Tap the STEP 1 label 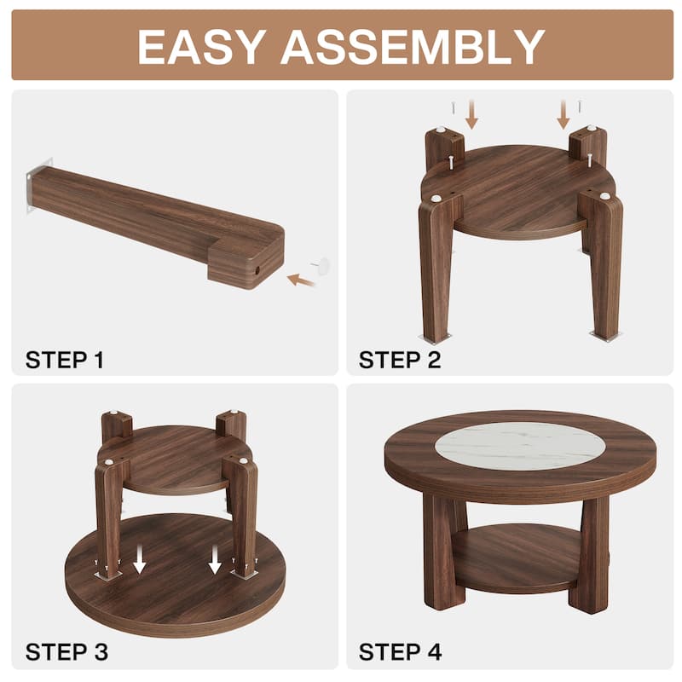point(65,360)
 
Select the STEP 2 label point(400,360)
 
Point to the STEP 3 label point(66,653)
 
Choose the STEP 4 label point(400,653)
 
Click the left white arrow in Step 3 point(141,560)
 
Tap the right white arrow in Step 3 point(215,560)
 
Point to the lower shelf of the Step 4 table point(516,558)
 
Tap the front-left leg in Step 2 point(437,264)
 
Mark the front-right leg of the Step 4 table point(590,554)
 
